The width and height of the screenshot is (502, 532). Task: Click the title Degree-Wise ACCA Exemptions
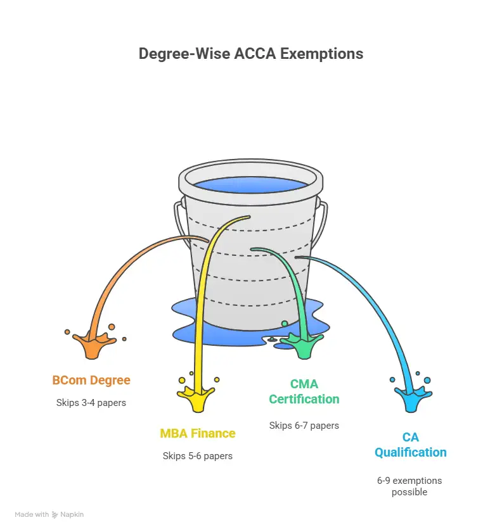[x=251, y=54]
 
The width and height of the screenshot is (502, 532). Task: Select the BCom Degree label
[x=91, y=381]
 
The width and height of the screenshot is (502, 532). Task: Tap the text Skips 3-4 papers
[x=91, y=403]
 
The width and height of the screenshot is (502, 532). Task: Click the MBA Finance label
[x=197, y=434]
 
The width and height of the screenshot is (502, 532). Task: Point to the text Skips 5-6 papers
[x=197, y=456]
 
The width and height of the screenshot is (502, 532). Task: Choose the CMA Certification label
[x=304, y=391]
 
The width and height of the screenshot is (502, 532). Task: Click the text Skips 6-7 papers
[x=304, y=426]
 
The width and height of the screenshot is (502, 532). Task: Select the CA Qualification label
[x=410, y=445]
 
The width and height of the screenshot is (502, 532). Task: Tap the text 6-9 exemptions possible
[x=410, y=486]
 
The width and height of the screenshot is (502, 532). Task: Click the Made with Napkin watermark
[x=49, y=515]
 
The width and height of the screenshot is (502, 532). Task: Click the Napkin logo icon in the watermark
[x=56, y=515]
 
